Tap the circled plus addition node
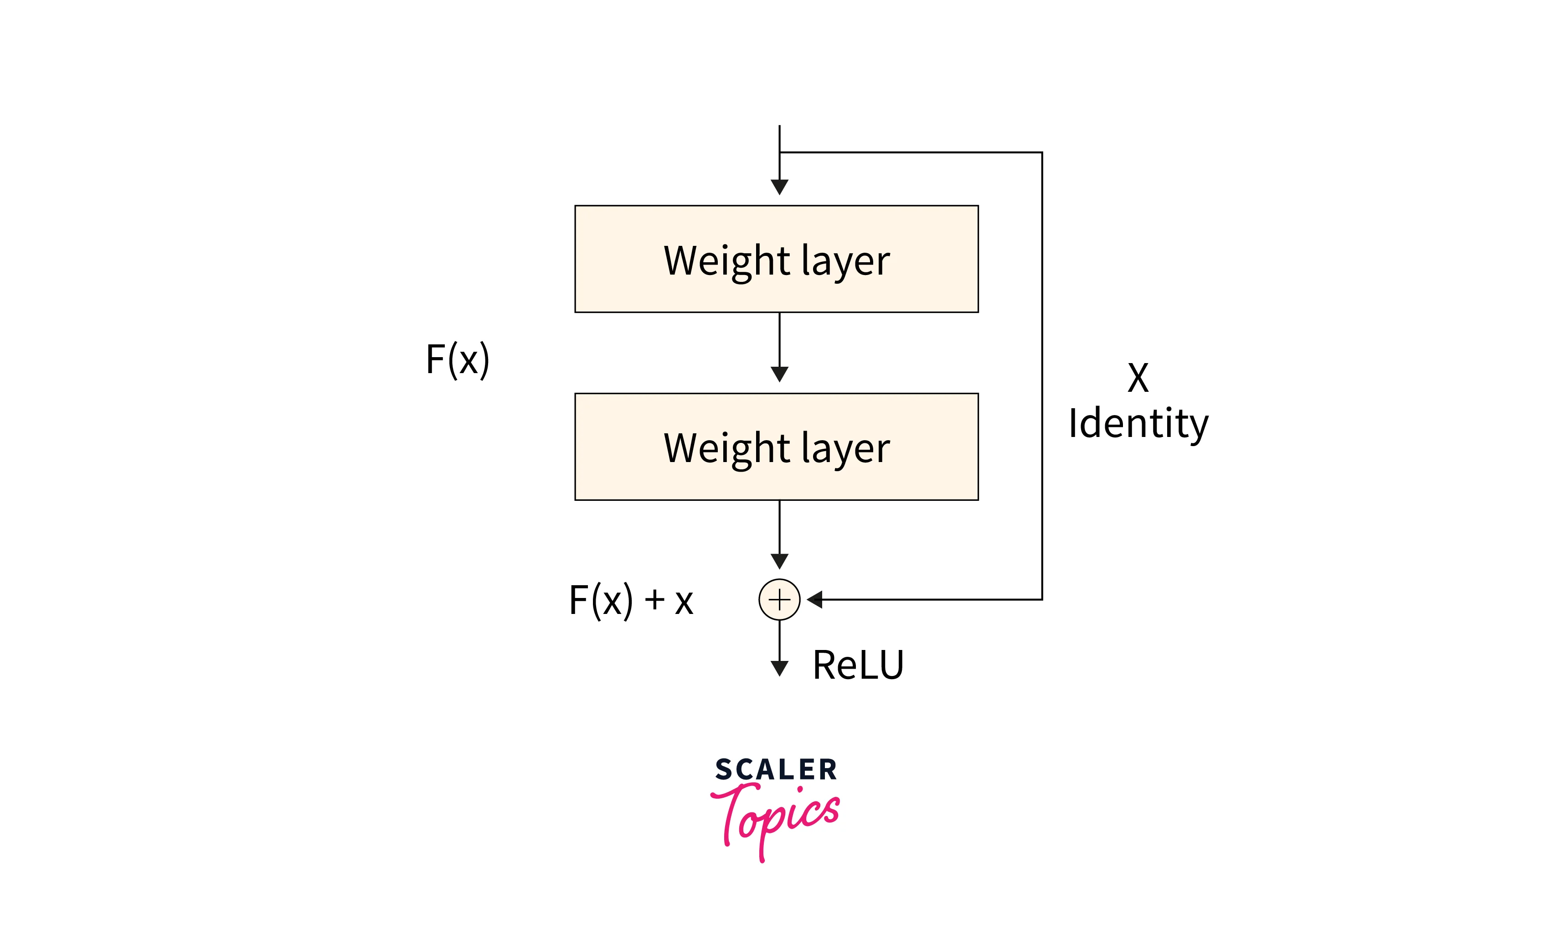point(779,599)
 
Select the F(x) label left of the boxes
point(457,359)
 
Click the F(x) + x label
point(631,600)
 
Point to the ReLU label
point(858,665)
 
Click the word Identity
point(1138,424)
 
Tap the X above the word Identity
point(1138,378)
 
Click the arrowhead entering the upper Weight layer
point(779,187)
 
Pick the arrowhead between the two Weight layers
point(779,374)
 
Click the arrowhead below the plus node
point(779,668)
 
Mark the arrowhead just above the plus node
point(779,561)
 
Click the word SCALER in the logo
point(776,769)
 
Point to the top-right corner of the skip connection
point(1042,152)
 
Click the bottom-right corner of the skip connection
point(1042,599)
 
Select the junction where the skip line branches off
point(779,152)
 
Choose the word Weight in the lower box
point(726,449)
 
